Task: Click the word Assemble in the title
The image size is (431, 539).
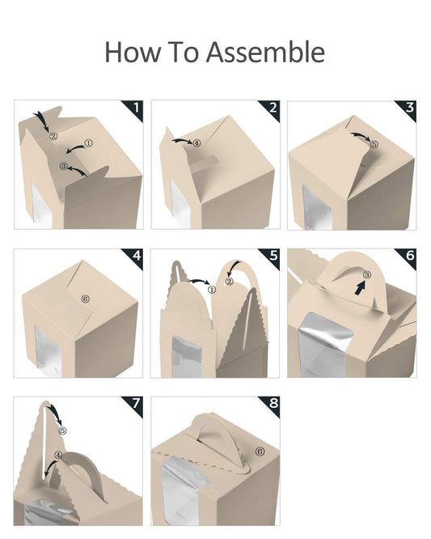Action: (265, 52)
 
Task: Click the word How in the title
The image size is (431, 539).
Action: (133, 52)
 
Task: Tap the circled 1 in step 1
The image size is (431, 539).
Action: (89, 143)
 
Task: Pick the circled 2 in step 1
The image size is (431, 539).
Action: (53, 136)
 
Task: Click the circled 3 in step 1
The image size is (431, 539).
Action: (64, 166)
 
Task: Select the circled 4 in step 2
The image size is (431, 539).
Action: (196, 142)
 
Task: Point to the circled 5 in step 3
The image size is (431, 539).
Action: (374, 144)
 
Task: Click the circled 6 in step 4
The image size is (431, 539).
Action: (86, 299)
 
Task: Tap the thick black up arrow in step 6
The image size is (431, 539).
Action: (359, 287)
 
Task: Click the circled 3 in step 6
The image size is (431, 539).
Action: (367, 274)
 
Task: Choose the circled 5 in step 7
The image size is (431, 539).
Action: (62, 431)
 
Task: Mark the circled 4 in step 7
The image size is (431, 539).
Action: (59, 455)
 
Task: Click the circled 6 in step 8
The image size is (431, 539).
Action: (260, 452)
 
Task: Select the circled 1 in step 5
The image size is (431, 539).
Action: (212, 290)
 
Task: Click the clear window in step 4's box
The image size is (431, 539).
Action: (48, 350)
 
